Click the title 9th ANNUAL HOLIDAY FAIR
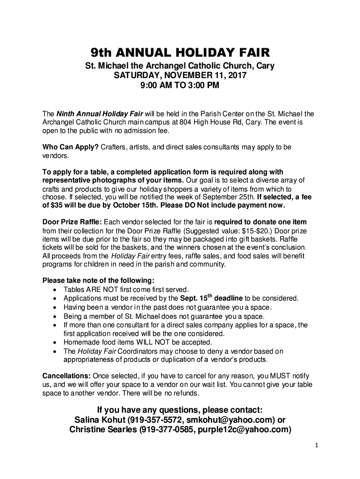(x=180, y=52)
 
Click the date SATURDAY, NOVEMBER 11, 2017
(x=180, y=76)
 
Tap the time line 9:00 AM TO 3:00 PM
(x=180, y=86)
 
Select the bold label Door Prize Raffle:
(x=72, y=221)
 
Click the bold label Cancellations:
(x=67, y=376)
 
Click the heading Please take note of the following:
(x=98, y=281)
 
